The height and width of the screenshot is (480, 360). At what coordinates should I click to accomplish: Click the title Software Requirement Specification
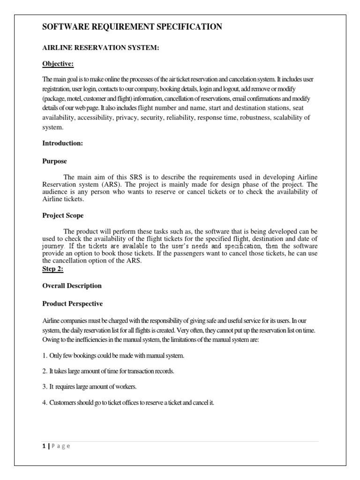pyautogui.click(x=132, y=27)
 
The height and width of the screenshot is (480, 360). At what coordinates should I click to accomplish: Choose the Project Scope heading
pyautogui.click(x=63, y=215)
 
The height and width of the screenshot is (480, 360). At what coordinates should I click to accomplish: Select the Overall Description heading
pyautogui.click(x=72, y=285)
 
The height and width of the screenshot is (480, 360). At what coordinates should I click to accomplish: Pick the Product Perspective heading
pyautogui.click(x=72, y=303)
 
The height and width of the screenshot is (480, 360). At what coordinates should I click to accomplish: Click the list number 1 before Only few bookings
pyautogui.click(x=44, y=355)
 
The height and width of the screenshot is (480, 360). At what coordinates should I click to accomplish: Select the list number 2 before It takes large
pyautogui.click(x=44, y=371)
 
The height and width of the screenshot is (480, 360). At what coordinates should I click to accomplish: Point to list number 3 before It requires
pyautogui.click(x=44, y=386)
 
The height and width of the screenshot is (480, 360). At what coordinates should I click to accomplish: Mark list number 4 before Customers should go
pyautogui.click(x=44, y=402)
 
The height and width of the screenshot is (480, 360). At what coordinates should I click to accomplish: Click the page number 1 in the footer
pyautogui.click(x=44, y=446)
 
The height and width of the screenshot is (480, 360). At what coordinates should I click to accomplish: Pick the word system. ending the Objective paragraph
pyautogui.click(x=52, y=127)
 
